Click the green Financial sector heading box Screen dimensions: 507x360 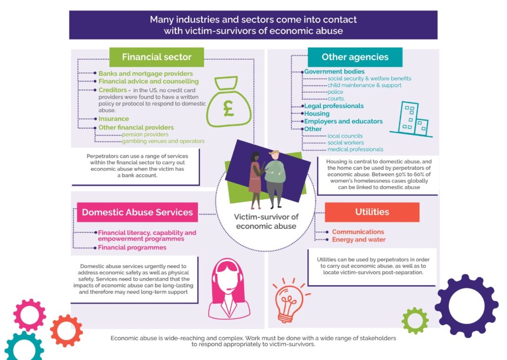[x=156, y=57]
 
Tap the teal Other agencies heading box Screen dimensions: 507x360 [x=355, y=57]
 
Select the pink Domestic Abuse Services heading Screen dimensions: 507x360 [x=138, y=212]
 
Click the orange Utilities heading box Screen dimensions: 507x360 [x=372, y=212]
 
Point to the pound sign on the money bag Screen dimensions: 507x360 [x=229, y=108]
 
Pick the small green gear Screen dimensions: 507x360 [x=415, y=321]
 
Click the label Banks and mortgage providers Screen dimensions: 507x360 [x=146, y=74]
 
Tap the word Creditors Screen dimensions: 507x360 [x=112, y=90]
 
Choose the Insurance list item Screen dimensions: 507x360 [x=113, y=119]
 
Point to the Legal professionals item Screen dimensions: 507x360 [x=334, y=106]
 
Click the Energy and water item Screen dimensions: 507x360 [x=358, y=240]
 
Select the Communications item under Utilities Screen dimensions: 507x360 [x=358, y=232]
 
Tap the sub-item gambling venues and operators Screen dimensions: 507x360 [x=163, y=141]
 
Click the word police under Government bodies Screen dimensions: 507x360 [x=335, y=92]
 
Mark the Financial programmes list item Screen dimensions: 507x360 [x=132, y=248]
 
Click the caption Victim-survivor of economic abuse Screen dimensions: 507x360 [x=266, y=221]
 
